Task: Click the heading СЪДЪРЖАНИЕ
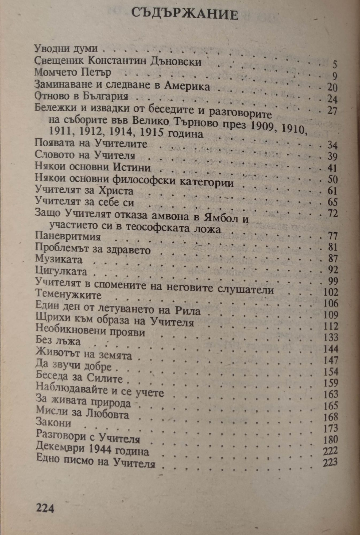[x=185, y=14]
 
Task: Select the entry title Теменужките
[x=68, y=295]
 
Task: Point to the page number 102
[x=331, y=292]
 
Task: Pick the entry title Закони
[x=53, y=423]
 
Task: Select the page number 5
[x=335, y=65]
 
